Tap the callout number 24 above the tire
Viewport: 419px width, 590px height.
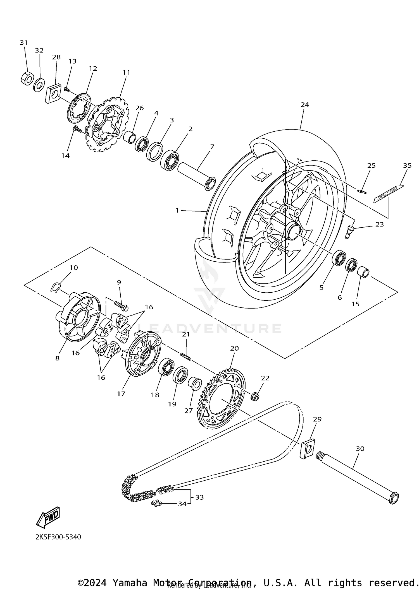point(305,105)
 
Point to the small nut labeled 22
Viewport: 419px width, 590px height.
point(255,396)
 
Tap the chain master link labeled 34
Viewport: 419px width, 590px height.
point(156,503)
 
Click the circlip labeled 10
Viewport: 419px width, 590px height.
point(55,287)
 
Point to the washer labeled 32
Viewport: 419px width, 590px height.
point(39,85)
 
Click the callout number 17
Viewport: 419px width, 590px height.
point(121,394)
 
